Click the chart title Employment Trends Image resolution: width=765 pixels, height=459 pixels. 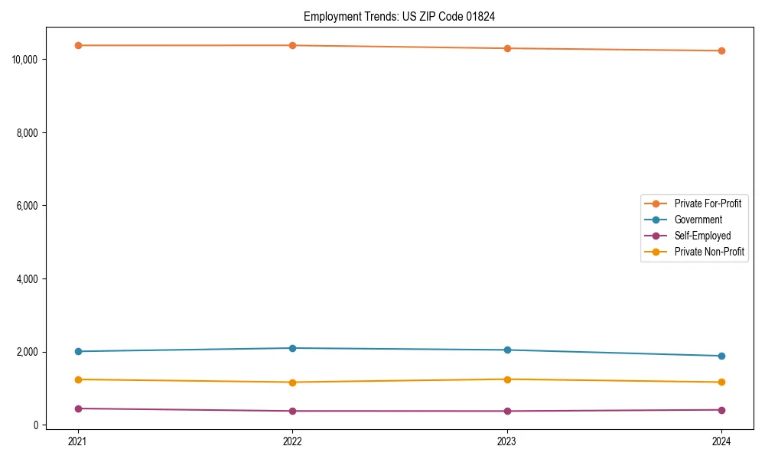click(x=399, y=17)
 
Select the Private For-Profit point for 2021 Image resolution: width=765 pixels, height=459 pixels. click(x=77, y=45)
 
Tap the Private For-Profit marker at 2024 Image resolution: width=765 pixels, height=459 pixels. click(x=721, y=50)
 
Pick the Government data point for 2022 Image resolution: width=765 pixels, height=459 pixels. click(x=292, y=348)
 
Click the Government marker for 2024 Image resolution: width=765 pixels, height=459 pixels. click(x=721, y=356)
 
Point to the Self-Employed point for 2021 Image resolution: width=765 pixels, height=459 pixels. click(x=77, y=409)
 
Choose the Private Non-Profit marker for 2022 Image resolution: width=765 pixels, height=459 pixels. click(x=292, y=382)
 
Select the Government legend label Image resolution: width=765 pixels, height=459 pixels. click(x=698, y=220)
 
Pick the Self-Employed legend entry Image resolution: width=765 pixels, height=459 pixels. click(x=702, y=236)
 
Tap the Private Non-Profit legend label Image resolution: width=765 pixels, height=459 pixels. click(x=709, y=252)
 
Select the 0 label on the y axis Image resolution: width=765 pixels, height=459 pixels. click(x=37, y=425)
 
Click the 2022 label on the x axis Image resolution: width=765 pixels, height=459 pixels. click(x=292, y=441)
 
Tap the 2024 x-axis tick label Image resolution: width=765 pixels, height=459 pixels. click(x=721, y=441)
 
